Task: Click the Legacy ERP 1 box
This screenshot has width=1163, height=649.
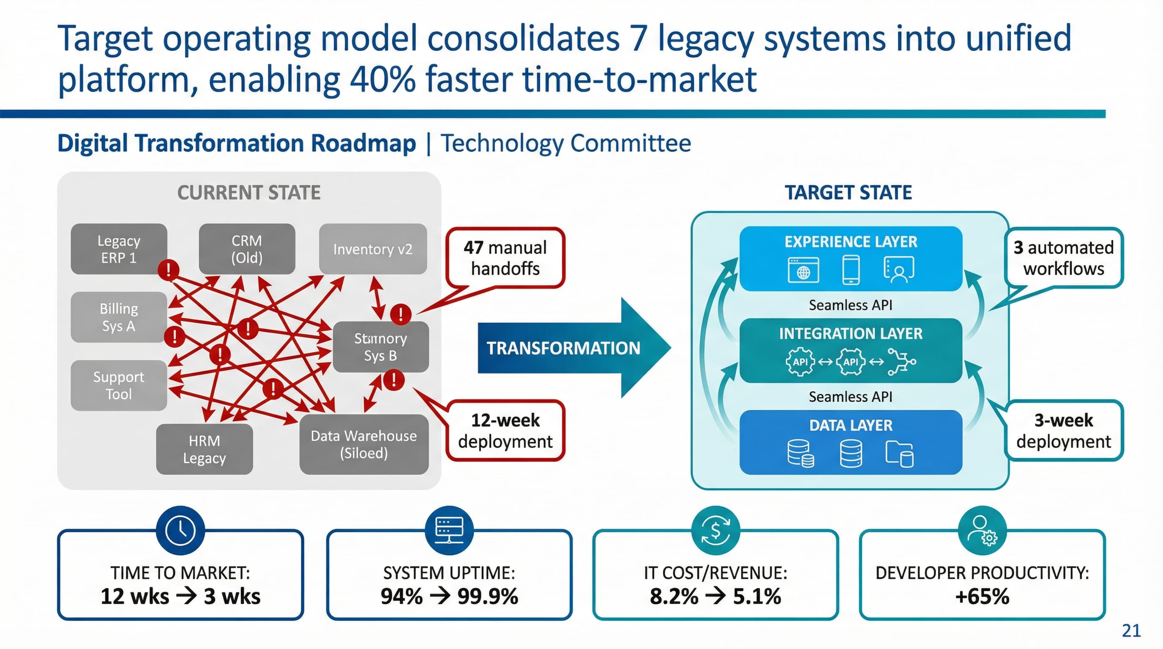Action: pos(119,249)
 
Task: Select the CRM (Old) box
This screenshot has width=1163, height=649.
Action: pos(246,249)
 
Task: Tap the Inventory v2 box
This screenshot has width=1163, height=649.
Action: pos(373,249)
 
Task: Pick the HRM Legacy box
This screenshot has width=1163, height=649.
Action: pos(204,449)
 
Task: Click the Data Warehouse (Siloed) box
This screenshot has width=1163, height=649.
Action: pos(364,444)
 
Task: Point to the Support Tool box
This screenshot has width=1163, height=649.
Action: pos(119,385)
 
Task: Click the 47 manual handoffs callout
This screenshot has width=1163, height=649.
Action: pos(505,258)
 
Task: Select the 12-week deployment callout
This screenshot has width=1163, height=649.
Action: pos(505,431)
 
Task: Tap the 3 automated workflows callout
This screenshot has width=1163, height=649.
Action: pos(1064,258)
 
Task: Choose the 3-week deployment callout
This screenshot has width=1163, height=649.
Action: pos(1064,431)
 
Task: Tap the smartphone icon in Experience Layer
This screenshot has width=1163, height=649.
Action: pos(851,270)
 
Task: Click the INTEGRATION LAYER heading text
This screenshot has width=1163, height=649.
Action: pos(851,333)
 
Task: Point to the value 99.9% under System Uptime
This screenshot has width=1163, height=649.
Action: pos(488,596)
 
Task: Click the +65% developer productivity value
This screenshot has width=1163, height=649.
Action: pos(982,596)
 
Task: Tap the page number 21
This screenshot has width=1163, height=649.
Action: pos(1131,630)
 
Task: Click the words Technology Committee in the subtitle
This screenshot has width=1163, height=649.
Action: pos(566,144)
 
